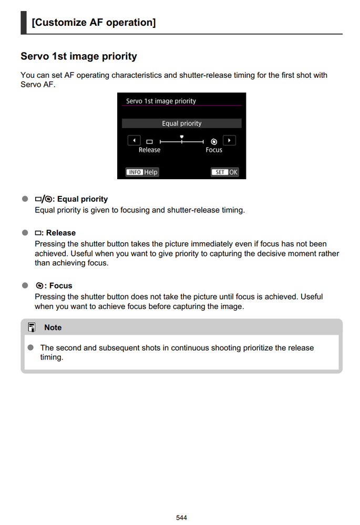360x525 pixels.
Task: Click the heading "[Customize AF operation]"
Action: pos(94,23)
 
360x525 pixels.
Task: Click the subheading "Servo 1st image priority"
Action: pos(79,56)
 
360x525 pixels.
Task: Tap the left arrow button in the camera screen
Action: pos(134,141)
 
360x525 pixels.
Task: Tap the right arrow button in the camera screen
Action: pos(229,141)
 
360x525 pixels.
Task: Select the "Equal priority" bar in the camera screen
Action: pos(181,123)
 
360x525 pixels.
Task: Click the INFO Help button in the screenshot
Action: pos(142,172)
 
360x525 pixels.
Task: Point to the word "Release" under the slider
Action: pos(149,150)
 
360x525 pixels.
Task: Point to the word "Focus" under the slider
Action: pos(214,150)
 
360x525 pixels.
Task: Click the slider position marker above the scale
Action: pos(181,137)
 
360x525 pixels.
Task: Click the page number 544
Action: pos(181,518)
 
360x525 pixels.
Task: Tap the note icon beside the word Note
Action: pos(32,327)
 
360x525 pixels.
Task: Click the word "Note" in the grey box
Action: pos(53,327)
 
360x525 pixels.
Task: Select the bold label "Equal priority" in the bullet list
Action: pos(82,199)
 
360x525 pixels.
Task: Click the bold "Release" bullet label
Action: pos(60,233)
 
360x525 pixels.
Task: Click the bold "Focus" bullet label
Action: pos(60,286)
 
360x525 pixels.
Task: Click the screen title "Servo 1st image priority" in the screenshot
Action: pos(161,101)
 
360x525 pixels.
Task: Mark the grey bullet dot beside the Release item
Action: pos(25,233)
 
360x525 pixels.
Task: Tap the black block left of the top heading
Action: pos(24,23)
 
